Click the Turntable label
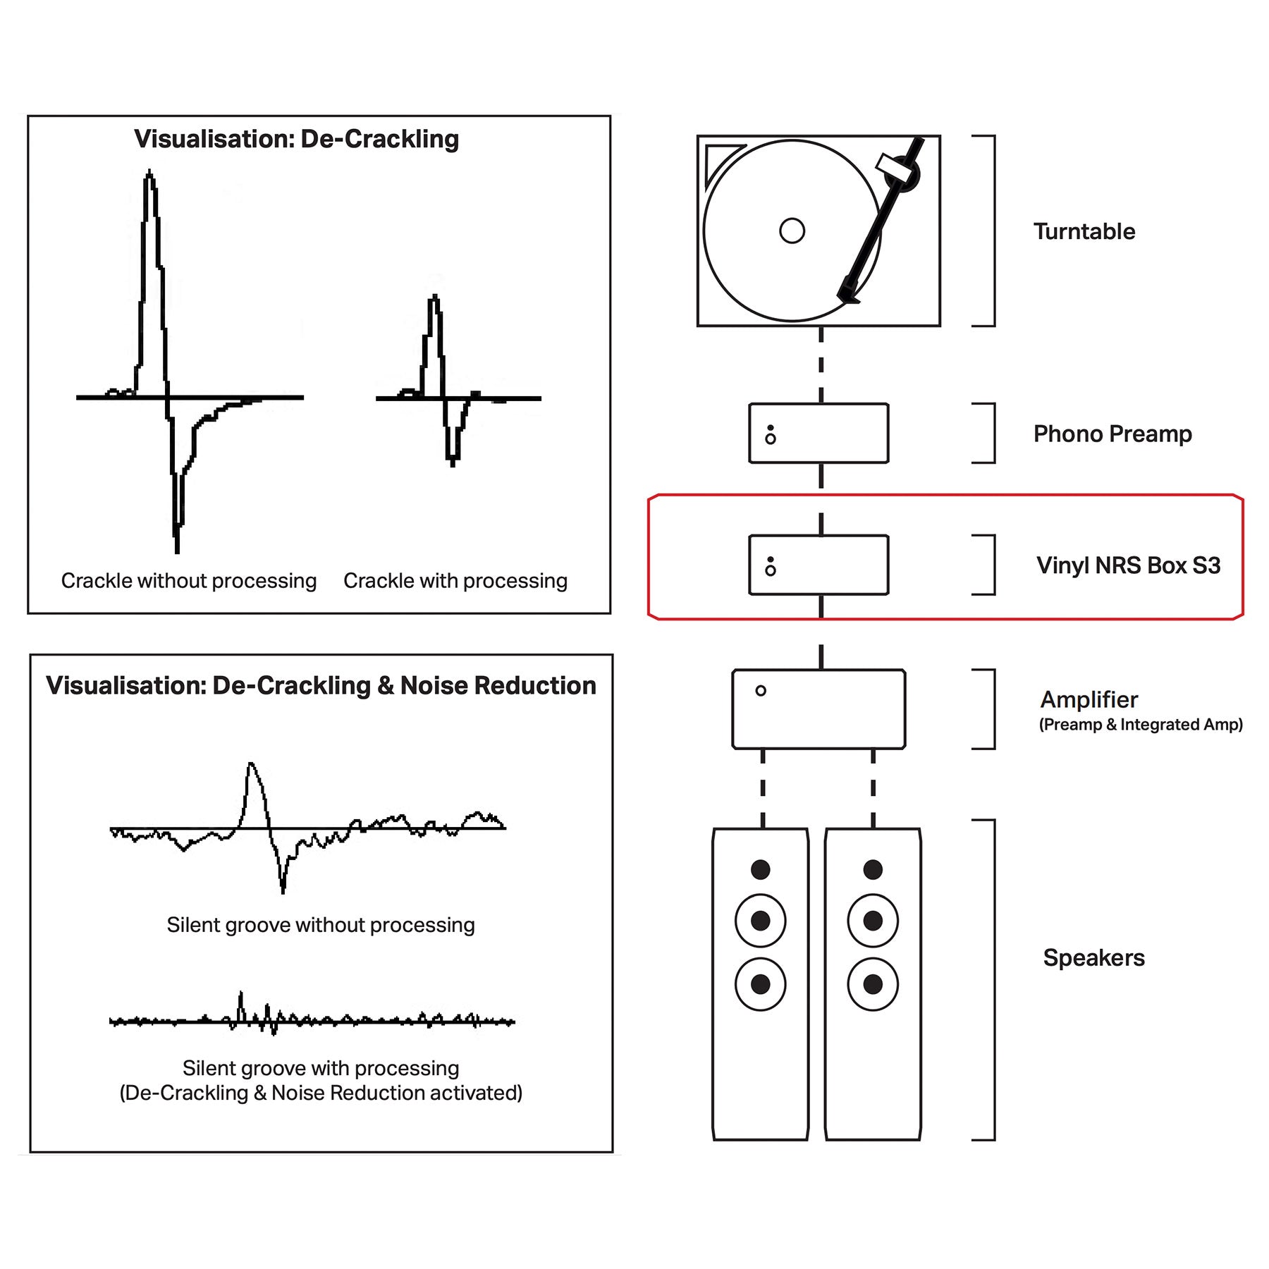tap(1084, 231)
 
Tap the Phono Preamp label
tap(1112, 434)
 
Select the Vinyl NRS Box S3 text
tap(1128, 565)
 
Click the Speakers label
tap(1093, 957)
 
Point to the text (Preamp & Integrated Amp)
tap(1140, 725)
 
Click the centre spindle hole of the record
tap(792, 231)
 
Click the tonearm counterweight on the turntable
tap(903, 173)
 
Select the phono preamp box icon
tap(819, 433)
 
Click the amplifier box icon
tap(819, 709)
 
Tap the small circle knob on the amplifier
tap(760, 691)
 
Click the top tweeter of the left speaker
tap(760, 869)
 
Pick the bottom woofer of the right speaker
tap(873, 983)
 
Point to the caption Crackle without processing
tap(188, 581)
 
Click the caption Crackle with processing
tap(455, 581)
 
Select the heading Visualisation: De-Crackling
tap(296, 139)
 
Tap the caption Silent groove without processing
tap(321, 925)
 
